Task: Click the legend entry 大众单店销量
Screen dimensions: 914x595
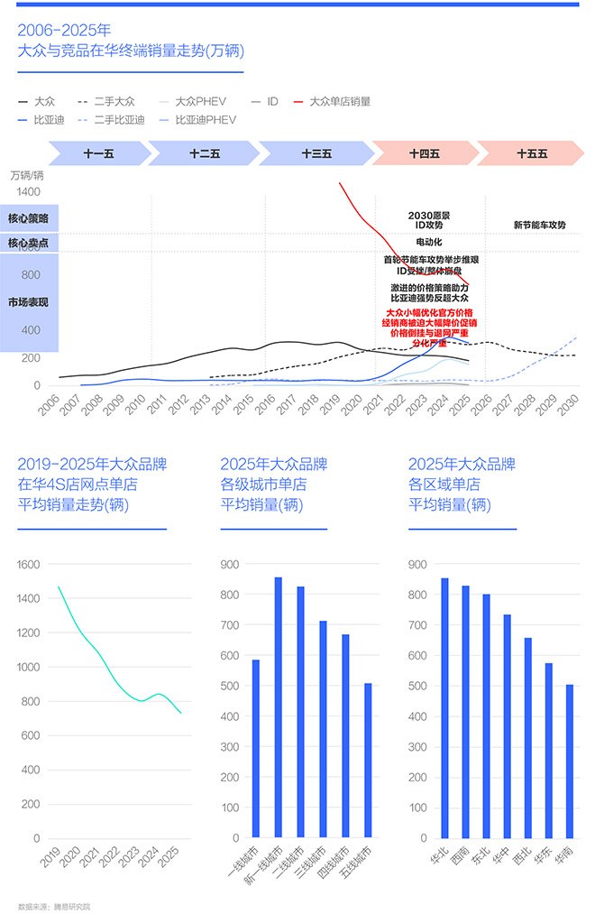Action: click(339, 101)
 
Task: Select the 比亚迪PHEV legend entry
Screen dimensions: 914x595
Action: click(206, 119)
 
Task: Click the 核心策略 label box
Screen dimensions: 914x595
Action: click(29, 218)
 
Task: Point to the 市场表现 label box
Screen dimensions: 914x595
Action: click(29, 302)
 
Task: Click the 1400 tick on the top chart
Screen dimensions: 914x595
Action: click(28, 192)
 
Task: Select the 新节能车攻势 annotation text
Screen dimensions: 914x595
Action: click(540, 225)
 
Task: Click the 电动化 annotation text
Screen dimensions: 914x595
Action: click(429, 242)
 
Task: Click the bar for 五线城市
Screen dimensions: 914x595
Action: click(368, 760)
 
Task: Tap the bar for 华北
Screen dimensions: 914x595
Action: click(444, 707)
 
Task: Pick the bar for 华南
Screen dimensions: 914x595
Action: click(569, 761)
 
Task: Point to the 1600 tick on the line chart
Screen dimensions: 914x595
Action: click(29, 565)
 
